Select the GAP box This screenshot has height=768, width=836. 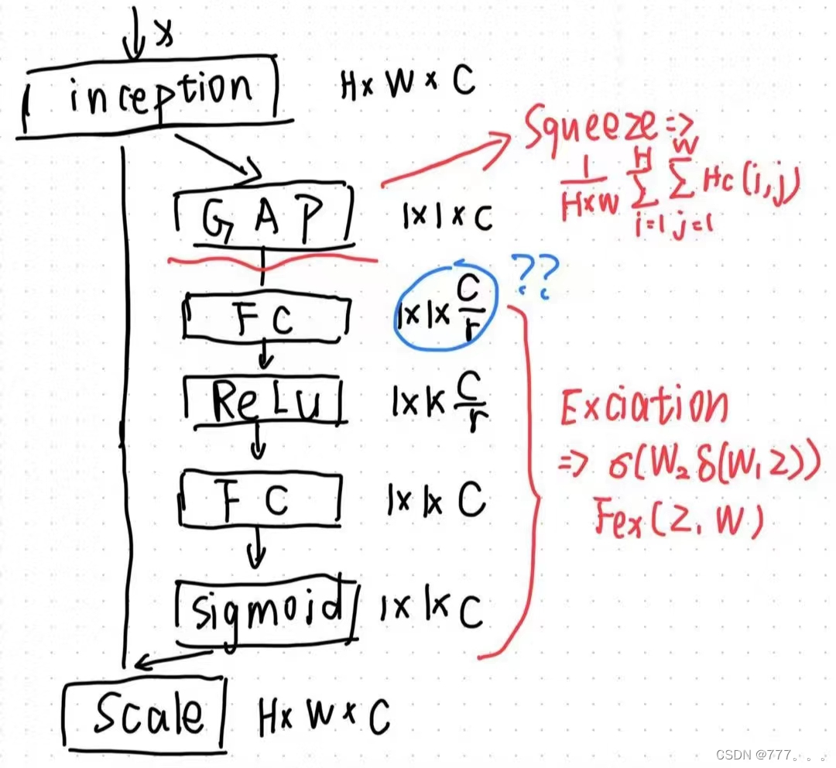coord(262,215)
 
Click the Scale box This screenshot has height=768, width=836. coord(147,713)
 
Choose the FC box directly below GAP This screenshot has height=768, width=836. coord(263,318)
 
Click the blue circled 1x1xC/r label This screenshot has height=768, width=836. coord(443,311)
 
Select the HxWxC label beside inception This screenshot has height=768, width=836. coord(407,84)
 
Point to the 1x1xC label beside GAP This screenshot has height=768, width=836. coord(447,218)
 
